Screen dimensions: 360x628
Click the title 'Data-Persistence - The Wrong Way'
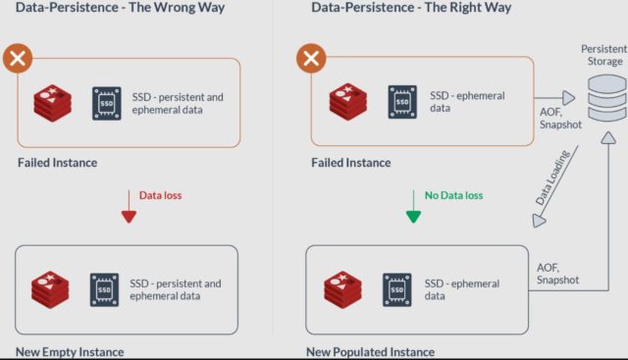[x=120, y=9]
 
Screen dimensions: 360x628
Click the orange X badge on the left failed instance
[x=16, y=58]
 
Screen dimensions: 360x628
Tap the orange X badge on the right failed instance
[x=311, y=58]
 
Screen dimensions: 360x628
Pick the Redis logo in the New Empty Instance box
[x=52, y=290]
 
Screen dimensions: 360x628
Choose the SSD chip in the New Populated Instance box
[x=396, y=290]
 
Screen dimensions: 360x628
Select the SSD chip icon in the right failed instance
[x=402, y=101]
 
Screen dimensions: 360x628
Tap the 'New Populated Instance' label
[x=370, y=351]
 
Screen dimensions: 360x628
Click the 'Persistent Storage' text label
[x=602, y=54]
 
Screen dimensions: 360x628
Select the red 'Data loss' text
[x=160, y=195]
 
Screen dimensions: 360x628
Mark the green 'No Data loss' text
[x=453, y=195]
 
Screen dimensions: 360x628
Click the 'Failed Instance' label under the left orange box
[x=57, y=163]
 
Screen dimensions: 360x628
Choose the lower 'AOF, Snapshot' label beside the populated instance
[x=557, y=273]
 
